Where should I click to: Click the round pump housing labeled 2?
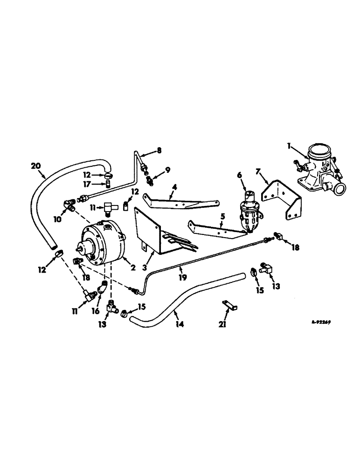coord(103,244)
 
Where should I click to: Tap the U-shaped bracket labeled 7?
coord(282,200)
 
